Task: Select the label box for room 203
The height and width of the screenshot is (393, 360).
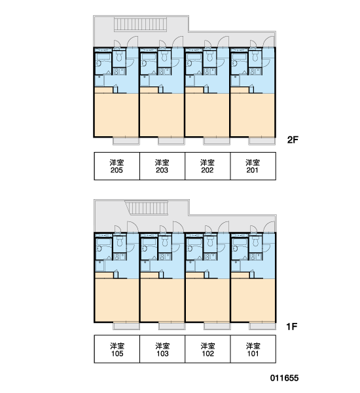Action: (162, 166)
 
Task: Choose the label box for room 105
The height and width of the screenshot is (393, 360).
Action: (117, 349)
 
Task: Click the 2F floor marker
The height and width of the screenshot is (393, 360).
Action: (293, 140)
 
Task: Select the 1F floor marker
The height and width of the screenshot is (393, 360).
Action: (292, 327)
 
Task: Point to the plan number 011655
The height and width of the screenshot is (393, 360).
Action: (284, 378)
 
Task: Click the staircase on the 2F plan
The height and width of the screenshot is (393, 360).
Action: (140, 25)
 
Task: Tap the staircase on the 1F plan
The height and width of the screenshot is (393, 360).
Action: (147, 208)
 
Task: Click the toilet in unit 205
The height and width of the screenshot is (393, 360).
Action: (118, 57)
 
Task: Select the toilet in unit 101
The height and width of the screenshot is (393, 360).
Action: (255, 242)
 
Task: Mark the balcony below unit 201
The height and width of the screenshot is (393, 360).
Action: (262, 141)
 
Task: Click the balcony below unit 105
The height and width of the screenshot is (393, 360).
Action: (126, 326)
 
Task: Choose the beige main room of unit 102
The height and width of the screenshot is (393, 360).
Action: (207, 300)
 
